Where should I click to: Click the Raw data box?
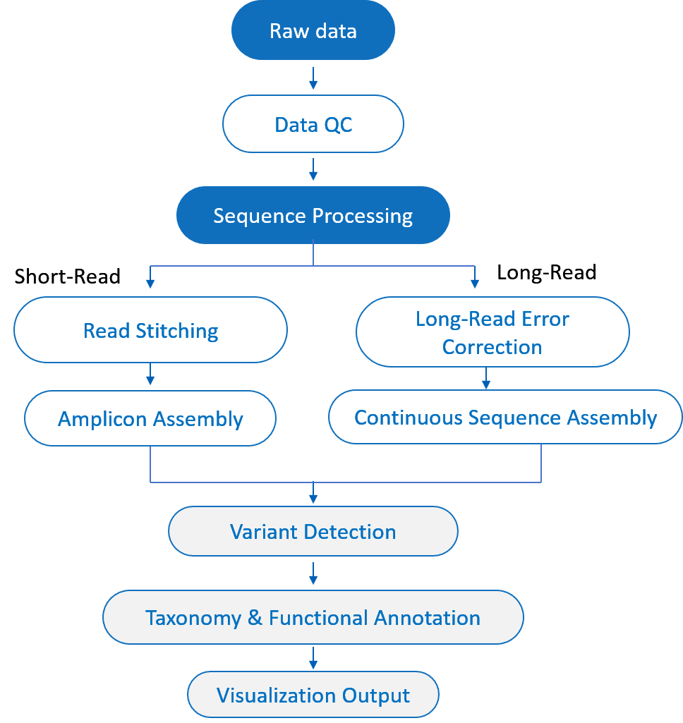click(x=313, y=31)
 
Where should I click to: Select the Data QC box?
click(x=313, y=125)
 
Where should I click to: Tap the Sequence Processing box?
click(x=313, y=215)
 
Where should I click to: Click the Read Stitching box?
click(x=150, y=330)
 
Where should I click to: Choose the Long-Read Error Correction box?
click(x=492, y=332)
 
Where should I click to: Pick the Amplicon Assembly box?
click(x=150, y=419)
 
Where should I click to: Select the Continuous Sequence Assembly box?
click(x=505, y=418)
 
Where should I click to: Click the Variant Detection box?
click(x=313, y=531)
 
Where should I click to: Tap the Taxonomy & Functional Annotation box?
click(x=313, y=618)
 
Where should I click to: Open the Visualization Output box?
click(x=313, y=695)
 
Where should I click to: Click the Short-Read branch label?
click(x=68, y=276)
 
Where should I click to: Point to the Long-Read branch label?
click(x=546, y=272)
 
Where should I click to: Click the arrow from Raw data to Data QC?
click(x=313, y=78)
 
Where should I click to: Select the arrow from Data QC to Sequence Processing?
click(x=313, y=169)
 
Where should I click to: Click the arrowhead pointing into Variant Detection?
click(x=313, y=498)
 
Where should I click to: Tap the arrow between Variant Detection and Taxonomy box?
click(x=313, y=573)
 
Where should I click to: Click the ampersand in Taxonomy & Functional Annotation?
click(x=255, y=619)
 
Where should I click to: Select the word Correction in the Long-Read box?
click(x=492, y=347)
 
